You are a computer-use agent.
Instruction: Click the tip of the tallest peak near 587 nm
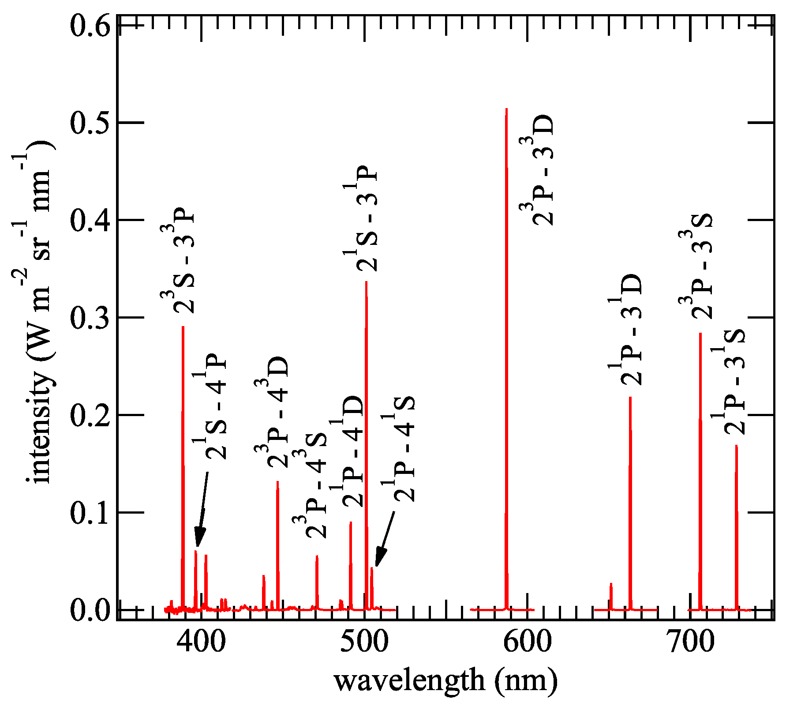(x=506, y=109)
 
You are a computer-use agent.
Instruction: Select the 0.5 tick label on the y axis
(x=90, y=123)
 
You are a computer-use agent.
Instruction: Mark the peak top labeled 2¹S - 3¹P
(x=366, y=282)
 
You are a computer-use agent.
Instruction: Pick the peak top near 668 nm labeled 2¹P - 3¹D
(x=630, y=398)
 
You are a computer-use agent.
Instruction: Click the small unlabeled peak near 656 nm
(x=611, y=584)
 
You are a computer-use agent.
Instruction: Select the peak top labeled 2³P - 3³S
(x=700, y=334)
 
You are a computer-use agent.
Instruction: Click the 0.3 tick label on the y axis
(x=90, y=318)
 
